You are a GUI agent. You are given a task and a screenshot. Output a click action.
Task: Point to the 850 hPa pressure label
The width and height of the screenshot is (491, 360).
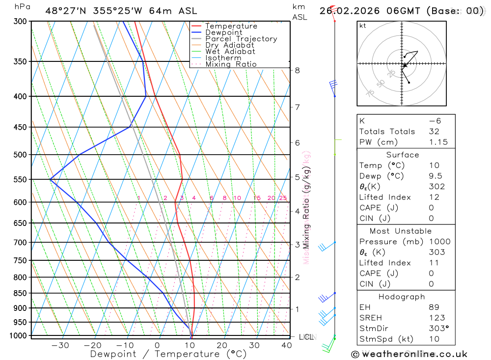(20, 293)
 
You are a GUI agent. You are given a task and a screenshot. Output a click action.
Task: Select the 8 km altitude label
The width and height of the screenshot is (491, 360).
(297, 70)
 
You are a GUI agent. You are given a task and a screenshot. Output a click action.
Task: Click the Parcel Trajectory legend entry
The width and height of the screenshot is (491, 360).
(241, 39)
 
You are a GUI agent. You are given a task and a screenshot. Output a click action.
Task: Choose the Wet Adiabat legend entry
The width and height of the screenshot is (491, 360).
(230, 52)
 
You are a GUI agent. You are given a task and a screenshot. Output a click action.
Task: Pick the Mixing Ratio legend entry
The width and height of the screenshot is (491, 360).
(231, 64)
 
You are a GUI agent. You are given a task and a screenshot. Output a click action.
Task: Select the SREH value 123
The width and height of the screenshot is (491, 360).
(436, 318)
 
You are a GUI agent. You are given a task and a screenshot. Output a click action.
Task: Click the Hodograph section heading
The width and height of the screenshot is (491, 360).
(402, 297)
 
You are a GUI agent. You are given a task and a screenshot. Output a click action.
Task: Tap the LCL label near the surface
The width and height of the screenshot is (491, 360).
(306, 337)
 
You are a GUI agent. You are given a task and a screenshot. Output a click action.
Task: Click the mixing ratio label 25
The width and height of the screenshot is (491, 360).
(283, 198)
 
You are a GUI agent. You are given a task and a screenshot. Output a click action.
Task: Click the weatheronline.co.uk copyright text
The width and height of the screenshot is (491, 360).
(409, 354)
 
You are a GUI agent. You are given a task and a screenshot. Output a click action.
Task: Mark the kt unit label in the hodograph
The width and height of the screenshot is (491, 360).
(363, 26)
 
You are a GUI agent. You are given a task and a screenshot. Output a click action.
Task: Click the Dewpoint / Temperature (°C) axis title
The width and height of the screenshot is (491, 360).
(168, 354)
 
